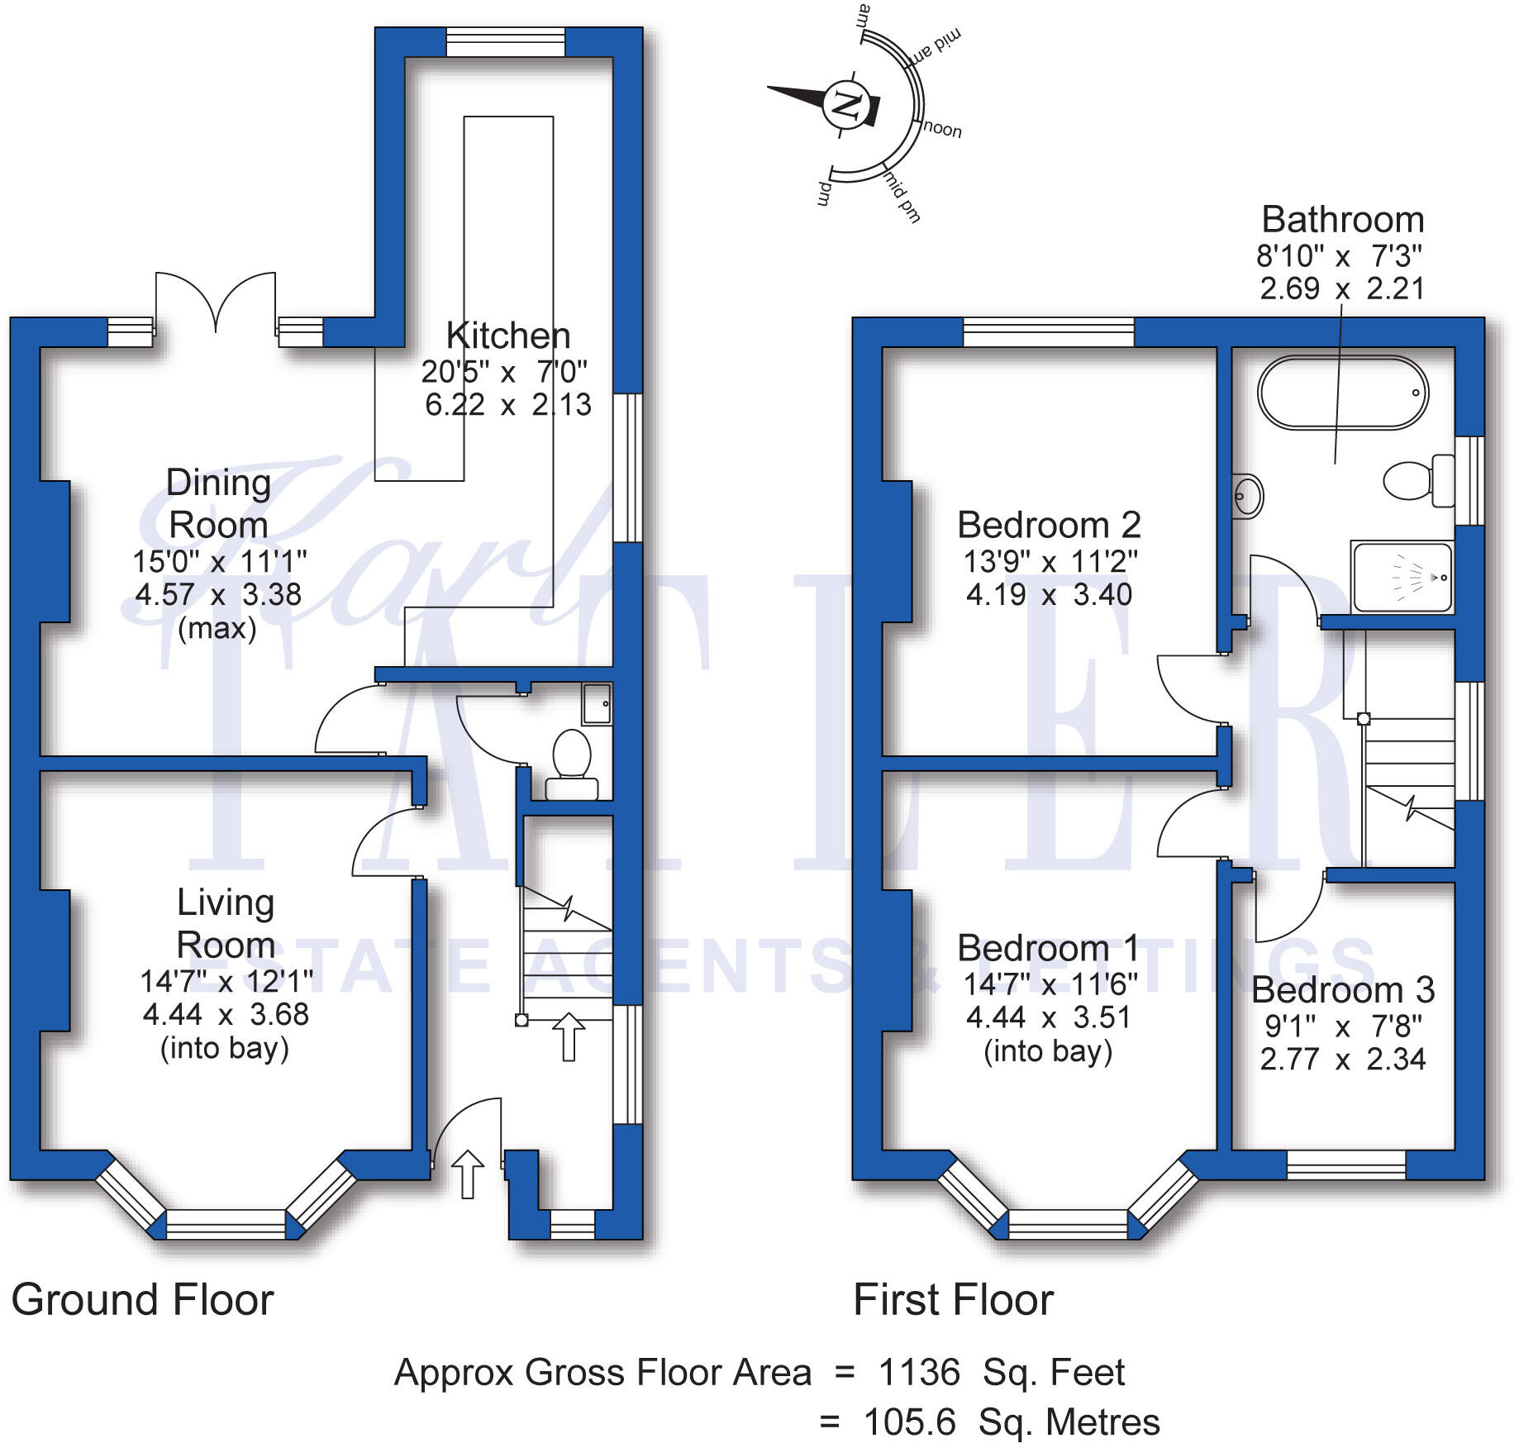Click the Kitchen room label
point(507,336)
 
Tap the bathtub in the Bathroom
point(1342,393)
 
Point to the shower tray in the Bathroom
point(1402,577)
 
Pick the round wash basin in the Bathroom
point(1247,496)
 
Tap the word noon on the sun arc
point(942,130)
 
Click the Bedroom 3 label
point(1342,989)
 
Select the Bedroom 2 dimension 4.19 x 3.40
point(1049,594)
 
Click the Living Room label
point(226,923)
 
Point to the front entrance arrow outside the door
point(467,1174)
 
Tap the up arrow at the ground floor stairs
point(569,1036)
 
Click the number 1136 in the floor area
point(919,1373)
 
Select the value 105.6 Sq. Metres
point(1011,1422)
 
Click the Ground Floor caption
point(142,1300)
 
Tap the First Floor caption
point(953,1300)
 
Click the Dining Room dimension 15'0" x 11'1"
point(219,562)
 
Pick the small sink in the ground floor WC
point(597,703)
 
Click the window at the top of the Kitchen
point(506,42)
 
